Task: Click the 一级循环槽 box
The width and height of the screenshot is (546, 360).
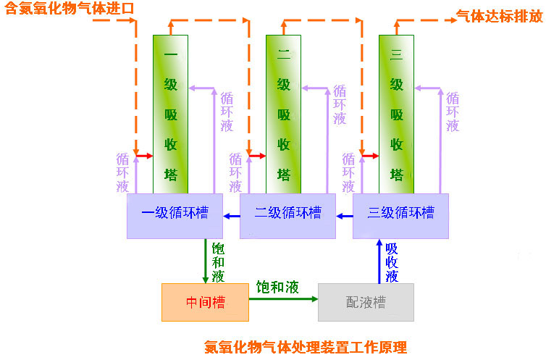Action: [175, 215]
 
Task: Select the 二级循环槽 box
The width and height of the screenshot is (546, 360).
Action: [287, 215]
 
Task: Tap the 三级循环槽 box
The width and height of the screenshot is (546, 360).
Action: [400, 215]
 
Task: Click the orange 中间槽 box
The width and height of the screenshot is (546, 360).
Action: [205, 302]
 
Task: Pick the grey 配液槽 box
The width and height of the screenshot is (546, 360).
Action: [366, 302]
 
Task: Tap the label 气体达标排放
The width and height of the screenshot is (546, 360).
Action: [499, 15]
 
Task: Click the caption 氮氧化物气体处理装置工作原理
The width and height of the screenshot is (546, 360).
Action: [306, 346]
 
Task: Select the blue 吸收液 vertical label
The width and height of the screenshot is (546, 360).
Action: [392, 262]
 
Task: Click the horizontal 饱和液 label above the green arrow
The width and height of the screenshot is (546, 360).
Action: [277, 287]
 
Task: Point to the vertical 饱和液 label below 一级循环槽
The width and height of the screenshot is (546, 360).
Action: [218, 262]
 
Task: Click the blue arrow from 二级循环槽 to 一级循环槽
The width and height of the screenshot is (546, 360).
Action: [231, 215]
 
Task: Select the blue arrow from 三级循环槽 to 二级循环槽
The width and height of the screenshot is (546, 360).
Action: [344, 215]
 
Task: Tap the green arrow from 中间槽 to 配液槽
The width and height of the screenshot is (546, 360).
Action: [283, 298]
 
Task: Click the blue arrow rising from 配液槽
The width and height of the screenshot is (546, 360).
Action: [379, 261]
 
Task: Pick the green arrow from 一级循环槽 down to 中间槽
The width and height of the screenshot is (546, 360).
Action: [205, 261]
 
